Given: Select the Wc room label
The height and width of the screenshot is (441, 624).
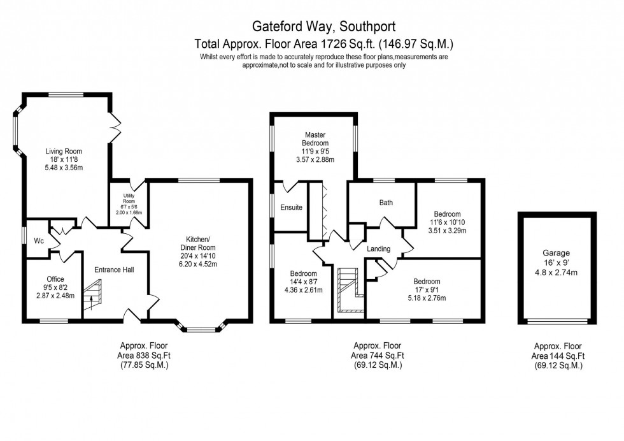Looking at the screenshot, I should tap(39, 241).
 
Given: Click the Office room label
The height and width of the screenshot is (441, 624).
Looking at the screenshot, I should tap(55, 278).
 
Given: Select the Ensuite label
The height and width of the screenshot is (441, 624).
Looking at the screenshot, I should tap(291, 208).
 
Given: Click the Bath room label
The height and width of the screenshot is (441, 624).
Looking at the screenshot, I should tap(386, 203).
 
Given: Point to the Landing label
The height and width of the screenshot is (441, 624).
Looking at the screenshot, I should tap(378, 249).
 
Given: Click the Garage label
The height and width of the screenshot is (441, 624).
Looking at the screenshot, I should tap(556, 253).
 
